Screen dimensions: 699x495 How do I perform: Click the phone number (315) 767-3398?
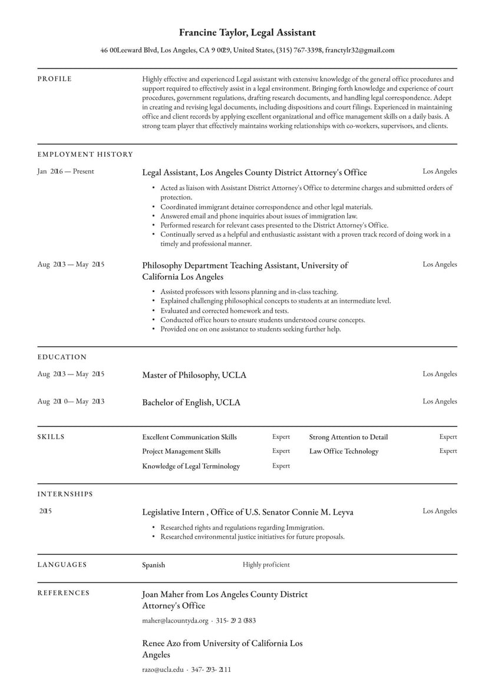pos(299,51)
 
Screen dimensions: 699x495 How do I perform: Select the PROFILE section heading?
pos(55,79)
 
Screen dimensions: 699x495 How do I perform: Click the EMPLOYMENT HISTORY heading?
pos(85,154)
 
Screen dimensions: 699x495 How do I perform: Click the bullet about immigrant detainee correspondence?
pos(266,207)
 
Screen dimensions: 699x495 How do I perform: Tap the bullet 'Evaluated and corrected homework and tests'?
pos(225,310)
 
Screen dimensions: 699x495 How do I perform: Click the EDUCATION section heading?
pos(62,357)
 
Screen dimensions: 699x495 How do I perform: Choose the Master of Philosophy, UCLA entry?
pos(194,375)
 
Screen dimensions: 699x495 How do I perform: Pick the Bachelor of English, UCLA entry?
pos(191,403)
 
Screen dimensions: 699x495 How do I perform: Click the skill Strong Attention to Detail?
pos(348,437)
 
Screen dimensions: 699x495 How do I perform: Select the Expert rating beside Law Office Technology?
pos(448,451)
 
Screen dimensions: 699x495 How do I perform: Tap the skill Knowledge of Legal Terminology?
pos(191,466)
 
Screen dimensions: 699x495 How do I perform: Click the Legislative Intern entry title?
pos(247,512)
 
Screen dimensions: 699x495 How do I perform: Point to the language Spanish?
pos(153,565)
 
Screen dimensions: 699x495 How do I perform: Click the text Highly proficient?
pos(266,565)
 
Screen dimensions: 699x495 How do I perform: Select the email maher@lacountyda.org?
pos(175,621)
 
